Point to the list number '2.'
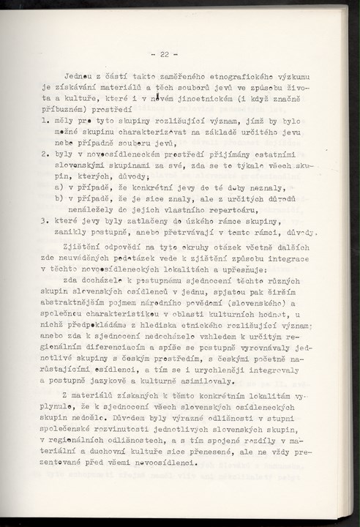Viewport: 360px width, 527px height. (x=45, y=154)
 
